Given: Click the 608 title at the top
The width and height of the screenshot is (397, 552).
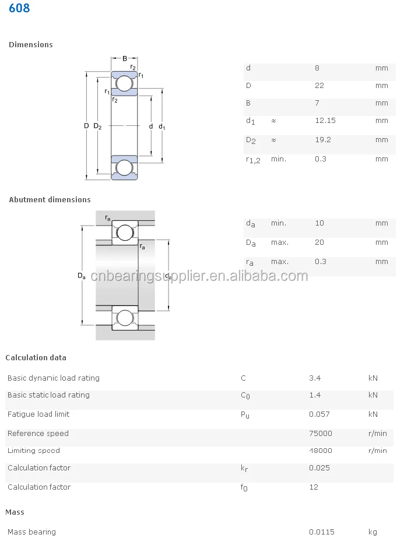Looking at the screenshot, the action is point(19,9).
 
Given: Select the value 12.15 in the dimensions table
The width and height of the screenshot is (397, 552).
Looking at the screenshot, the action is point(325,121).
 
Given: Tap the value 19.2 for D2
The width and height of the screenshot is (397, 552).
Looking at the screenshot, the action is point(323,140).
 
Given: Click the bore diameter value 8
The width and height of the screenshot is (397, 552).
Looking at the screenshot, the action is point(317,68).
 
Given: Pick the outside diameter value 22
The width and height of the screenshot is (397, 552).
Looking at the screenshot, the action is point(319,86).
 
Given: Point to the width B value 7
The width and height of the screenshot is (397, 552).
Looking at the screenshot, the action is point(317,103).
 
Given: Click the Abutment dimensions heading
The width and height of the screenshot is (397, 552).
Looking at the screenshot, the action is point(50,200).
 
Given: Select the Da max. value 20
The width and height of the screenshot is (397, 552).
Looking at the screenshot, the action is point(319,242).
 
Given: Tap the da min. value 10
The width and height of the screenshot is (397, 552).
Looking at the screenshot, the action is point(319,223).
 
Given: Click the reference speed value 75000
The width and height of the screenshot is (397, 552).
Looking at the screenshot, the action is point(320,434).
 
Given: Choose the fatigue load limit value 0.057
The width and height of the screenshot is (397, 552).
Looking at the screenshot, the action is point(319,414).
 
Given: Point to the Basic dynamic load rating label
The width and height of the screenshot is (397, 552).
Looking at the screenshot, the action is point(53,378).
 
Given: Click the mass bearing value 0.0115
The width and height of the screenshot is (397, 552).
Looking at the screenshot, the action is point(321,532).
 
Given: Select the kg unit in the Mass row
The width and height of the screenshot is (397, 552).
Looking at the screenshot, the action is point(373,532).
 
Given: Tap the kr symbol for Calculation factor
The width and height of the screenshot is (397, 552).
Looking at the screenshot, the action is point(244,468).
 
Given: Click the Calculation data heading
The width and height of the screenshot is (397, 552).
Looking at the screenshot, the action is point(36,358).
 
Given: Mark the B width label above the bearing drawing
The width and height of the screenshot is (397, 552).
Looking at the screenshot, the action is point(125,58).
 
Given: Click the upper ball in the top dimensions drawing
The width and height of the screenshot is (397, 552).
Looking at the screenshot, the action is point(124,84).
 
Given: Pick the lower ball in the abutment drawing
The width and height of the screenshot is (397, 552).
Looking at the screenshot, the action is point(125,318).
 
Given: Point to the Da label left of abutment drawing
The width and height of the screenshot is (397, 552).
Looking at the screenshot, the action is point(82,276).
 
